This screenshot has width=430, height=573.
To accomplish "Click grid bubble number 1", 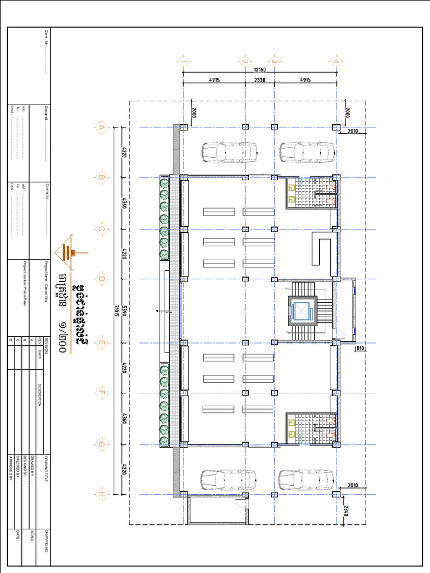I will pyautogui.click(x=183, y=62).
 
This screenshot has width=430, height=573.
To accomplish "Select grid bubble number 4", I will pyautogui.click(x=336, y=62).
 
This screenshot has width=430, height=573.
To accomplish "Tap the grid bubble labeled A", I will pyautogui.click(x=101, y=128).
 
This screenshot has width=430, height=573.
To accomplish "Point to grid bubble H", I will pyautogui.click(x=101, y=494).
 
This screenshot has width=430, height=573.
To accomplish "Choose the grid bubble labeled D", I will pyautogui.click(x=101, y=279).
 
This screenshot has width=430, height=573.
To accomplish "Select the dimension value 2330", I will pyautogui.click(x=260, y=80).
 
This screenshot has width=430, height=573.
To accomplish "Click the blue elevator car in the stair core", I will pyautogui.click(x=302, y=311).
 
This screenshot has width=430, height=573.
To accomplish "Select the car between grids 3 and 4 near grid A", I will pyautogui.click(x=307, y=152).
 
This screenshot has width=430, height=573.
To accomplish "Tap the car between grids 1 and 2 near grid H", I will pyautogui.click(x=228, y=480).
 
